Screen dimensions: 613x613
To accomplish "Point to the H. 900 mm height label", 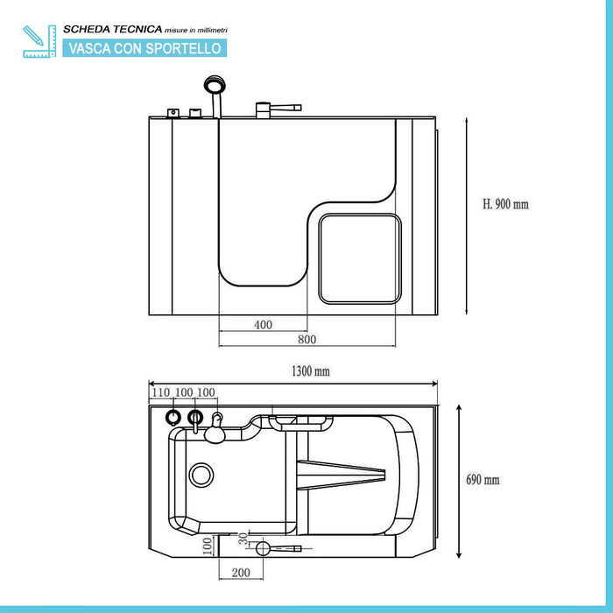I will tap(506, 204).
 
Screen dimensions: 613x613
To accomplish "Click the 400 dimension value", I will tap(263, 325).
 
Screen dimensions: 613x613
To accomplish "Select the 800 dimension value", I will tap(306, 339).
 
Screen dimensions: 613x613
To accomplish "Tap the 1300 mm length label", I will tap(311, 371).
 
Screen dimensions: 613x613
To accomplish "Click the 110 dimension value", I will tap(159, 391).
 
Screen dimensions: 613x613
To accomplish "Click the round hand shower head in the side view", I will tap(213, 86).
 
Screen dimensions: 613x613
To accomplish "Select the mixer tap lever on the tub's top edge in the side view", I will tap(278, 109).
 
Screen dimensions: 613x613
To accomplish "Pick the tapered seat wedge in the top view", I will tap(342, 476).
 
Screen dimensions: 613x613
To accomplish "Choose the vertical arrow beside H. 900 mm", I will tap(467, 215).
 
